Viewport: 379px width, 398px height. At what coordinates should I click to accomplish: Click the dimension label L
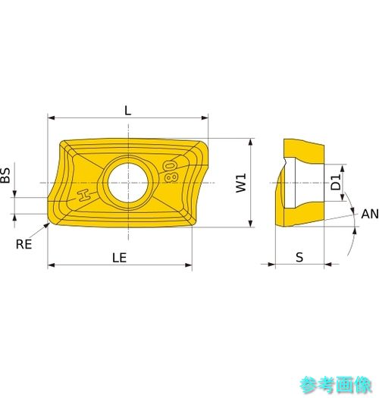(127, 111)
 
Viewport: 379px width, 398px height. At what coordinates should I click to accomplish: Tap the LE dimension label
(119, 258)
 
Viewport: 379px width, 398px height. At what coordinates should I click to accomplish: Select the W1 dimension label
(241, 183)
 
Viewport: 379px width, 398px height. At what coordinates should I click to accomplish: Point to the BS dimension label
(5, 175)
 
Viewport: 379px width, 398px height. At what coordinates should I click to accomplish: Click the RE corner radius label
(23, 244)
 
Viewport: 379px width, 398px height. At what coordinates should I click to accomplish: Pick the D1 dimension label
(336, 183)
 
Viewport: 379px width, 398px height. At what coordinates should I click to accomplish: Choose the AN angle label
(370, 214)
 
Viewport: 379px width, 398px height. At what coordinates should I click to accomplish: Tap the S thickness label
(299, 258)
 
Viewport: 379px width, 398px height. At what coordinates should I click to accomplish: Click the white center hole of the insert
(128, 183)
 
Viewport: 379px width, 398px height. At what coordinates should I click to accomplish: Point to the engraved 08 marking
(171, 171)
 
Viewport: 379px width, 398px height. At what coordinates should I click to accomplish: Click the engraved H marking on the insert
(85, 196)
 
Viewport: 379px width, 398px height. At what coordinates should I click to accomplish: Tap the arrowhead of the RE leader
(47, 225)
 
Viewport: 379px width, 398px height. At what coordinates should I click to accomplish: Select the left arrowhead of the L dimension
(51, 118)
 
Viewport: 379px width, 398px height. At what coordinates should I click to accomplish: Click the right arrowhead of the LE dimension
(189, 265)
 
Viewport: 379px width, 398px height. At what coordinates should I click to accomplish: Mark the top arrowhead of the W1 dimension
(251, 142)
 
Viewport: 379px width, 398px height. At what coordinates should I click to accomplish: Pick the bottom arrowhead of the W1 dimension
(251, 224)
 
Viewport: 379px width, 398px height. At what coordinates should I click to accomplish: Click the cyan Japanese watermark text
(336, 385)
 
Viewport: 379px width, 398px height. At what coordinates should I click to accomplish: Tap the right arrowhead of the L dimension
(205, 118)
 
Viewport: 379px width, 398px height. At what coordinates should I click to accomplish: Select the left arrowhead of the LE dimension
(52, 265)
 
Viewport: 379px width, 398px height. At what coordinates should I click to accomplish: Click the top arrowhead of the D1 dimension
(343, 168)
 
